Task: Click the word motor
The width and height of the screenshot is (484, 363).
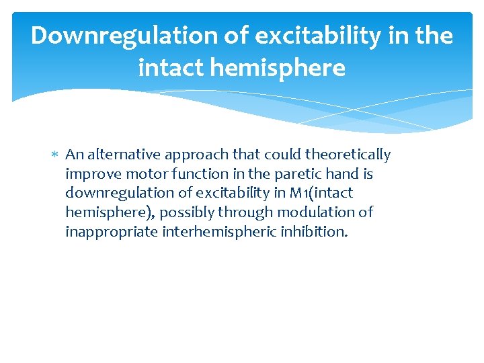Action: click(138, 174)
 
